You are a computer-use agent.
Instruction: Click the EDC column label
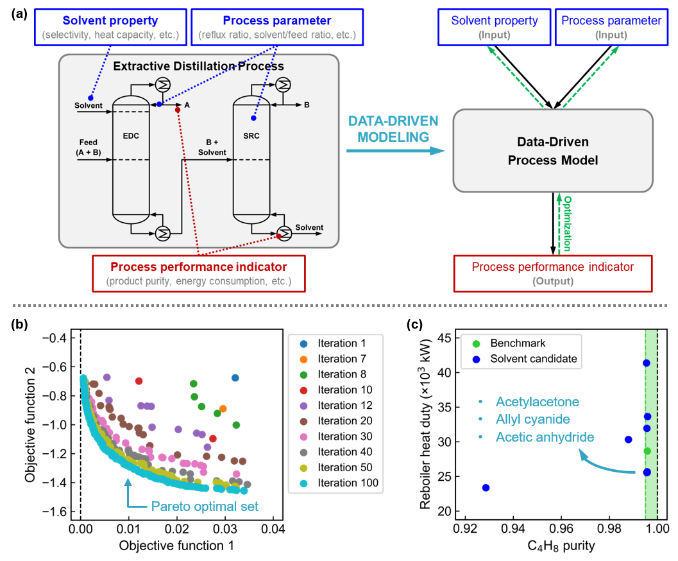(x=130, y=136)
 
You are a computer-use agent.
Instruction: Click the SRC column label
(x=251, y=136)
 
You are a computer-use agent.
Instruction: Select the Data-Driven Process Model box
(x=553, y=151)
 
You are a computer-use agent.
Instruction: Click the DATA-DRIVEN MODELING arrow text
(x=393, y=129)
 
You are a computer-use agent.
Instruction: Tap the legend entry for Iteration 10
(x=344, y=390)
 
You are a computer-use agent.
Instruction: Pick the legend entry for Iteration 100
(x=348, y=483)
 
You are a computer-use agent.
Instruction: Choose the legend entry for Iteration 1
(x=342, y=343)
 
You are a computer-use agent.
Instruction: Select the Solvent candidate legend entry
(x=533, y=359)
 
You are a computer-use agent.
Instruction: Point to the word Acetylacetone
(x=537, y=402)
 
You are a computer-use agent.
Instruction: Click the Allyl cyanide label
(x=532, y=420)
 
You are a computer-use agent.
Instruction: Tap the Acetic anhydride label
(x=545, y=437)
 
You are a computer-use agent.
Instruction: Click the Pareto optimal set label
(x=205, y=506)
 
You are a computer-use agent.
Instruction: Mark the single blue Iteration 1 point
(x=235, y=377)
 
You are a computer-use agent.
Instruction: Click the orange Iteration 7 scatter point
(x=223, y=408)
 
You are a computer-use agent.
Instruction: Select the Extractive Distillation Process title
(x=198, y=66)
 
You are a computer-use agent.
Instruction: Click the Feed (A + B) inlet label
(x=88, y=147)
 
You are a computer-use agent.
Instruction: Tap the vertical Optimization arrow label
(x=567, y=223)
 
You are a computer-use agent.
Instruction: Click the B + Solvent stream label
(x=212, y=147)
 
